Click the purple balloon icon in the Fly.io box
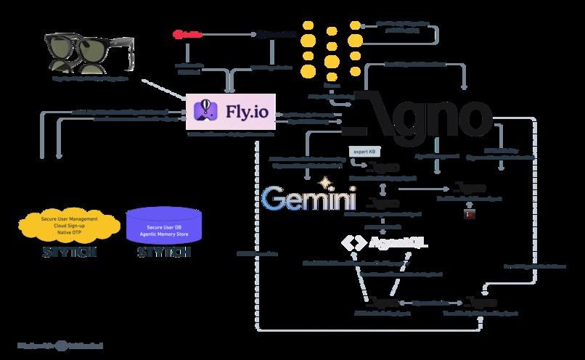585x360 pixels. pos(205,110)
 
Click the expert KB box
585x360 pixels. pos(363,152)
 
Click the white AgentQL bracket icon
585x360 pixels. pos(352,243)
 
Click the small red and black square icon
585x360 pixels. pos(468,214)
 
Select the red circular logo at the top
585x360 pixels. pos(179,33)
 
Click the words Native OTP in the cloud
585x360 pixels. pos(70,232)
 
